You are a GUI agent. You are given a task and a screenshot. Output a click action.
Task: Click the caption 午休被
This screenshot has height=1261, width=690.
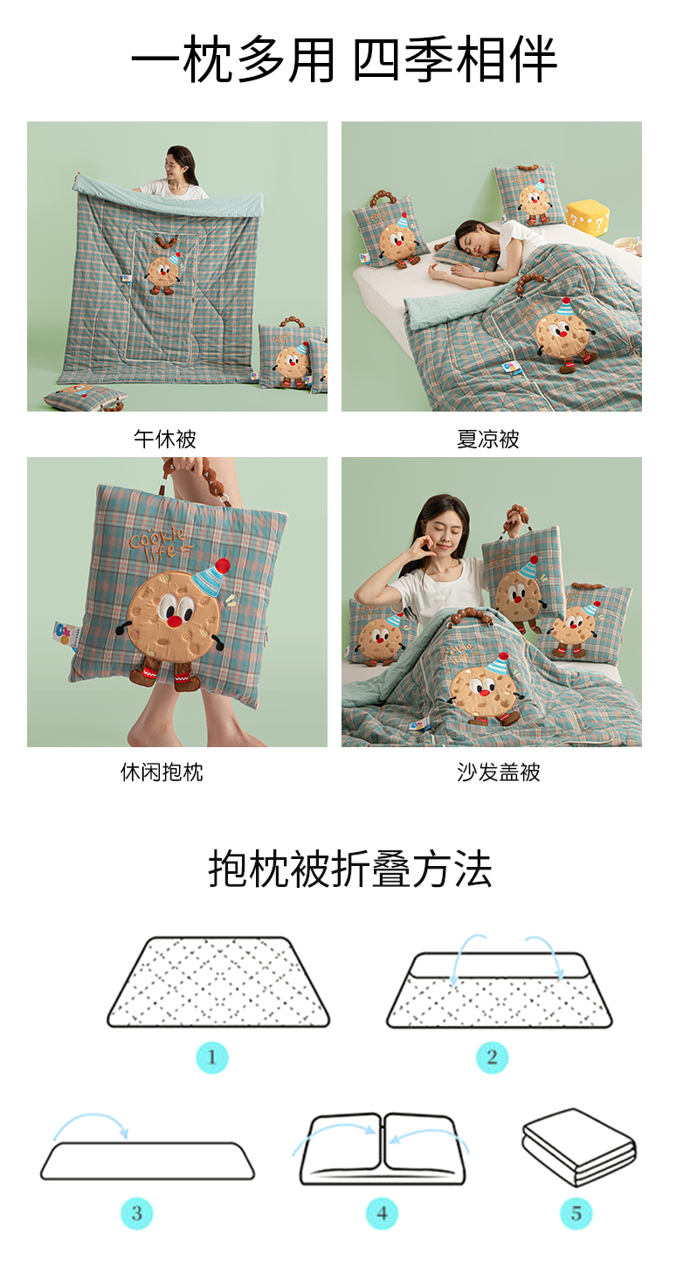(x=164, y=439)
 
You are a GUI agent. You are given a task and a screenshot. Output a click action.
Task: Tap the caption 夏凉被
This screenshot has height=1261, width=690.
(x=488, y=439)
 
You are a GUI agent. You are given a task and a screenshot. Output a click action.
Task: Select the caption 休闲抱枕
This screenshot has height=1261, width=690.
(x=162, y=773)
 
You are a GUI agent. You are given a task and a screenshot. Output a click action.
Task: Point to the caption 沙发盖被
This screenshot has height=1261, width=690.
(x=499, y=773)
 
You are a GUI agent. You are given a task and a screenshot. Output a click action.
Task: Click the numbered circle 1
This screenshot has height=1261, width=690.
(x=212, y=1057)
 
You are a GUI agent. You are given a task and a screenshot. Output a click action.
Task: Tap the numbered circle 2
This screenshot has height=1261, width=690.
(x=492, y=1057)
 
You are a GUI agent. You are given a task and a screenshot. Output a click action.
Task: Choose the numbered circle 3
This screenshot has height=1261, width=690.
(x=137, y=1213)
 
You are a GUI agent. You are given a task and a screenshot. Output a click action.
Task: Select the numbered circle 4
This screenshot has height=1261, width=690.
(x=383, y=1213)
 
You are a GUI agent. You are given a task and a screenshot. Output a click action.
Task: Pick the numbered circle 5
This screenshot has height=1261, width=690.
(x=576, y=1213)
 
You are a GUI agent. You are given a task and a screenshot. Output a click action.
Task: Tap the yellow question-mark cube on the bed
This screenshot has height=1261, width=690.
(x=588, y=220)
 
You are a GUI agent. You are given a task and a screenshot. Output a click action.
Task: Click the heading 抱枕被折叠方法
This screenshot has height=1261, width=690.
(x=350, y=870)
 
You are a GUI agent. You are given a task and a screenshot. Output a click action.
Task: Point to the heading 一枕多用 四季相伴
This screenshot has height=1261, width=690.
(x=344, y=59)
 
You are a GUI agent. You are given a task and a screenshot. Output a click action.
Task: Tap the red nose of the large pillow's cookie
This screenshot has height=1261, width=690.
(x=176, y=621)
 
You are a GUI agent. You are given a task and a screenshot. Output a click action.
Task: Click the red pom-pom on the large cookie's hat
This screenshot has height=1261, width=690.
(x=223, y=565)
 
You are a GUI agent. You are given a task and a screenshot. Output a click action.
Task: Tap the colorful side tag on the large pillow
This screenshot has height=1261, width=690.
(x=63, y=634)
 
